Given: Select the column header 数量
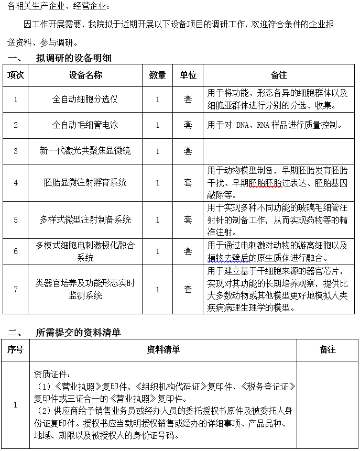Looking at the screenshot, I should coord(158,75).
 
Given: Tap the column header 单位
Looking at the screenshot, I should coord(188,75).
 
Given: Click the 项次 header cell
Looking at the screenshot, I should coord(16,75).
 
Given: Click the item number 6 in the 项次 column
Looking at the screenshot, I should coord(16,251).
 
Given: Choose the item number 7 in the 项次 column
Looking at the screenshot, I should coord(16,289).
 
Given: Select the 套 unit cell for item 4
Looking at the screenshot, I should coord(188,182).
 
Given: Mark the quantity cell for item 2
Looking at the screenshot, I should coord(158,125).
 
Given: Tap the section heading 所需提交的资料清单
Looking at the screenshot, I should coord(78,332).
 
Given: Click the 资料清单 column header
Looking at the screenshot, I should coord(163,349).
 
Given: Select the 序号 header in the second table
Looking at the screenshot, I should coord(16,349).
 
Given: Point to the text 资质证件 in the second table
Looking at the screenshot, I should coord(50,375).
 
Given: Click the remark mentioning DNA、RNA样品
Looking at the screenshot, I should coord(276,125).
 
